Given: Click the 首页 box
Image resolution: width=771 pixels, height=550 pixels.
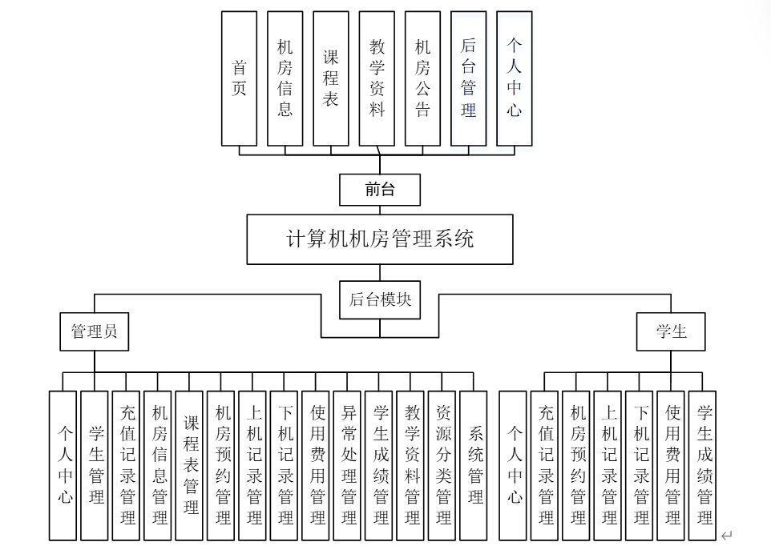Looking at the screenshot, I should [x=239, y=78].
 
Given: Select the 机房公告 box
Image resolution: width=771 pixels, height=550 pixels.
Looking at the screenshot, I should [x=422, y=78].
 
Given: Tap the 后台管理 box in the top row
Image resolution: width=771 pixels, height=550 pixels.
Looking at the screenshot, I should [x=468, y=78].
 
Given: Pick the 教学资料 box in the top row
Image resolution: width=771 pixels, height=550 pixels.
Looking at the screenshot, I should [x=377, y=78].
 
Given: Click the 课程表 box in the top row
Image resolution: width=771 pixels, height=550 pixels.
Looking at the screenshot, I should [x=331, y=78].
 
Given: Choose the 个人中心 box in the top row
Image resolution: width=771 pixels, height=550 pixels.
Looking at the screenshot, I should [x=514, y=78].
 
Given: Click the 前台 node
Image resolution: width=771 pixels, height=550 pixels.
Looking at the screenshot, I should [x=380, y=190].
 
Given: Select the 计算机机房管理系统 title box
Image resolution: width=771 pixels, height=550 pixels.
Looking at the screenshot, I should [x=380, y=239].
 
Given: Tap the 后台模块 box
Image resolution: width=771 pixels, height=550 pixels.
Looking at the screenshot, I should [x=380, y=299].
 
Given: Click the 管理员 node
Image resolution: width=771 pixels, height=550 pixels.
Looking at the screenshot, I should [x=94, y=331].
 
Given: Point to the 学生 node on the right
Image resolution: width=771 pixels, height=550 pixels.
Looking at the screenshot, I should [x=671, y=331].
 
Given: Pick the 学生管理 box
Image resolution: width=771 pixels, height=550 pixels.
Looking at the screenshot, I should [x=95, y=465].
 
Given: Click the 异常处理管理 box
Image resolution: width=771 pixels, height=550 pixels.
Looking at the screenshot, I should [x=348, y=465].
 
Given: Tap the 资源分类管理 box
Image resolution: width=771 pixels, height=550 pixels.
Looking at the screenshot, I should [x=442, y=465].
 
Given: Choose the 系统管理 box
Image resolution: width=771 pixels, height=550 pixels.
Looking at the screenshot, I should [x=474, y=465].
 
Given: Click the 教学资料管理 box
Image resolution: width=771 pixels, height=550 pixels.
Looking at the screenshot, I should [x=411, y=465].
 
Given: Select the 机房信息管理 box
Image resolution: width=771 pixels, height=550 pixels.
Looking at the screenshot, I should [x=158, y=465].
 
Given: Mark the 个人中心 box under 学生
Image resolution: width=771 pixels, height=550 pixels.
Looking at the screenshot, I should [x=513, y=465].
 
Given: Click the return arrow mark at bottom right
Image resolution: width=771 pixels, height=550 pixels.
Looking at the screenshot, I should [x=726, y=536].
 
